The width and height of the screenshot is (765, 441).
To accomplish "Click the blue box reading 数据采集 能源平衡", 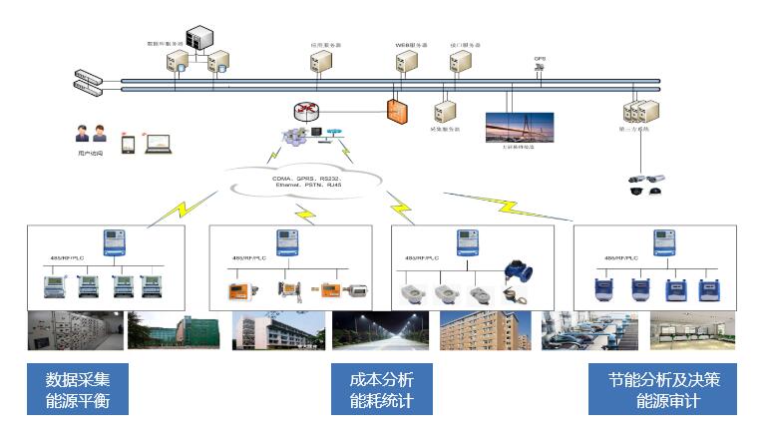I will pyautogui.click(x=79, y=390).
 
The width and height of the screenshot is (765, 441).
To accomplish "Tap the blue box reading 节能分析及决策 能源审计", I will pyautogui.click(x=663, y=390).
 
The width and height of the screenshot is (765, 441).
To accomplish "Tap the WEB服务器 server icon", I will pyautogui.click(x=405, y=62).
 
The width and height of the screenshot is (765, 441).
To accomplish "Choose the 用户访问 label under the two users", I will pyautogui.click(x=90, y=154).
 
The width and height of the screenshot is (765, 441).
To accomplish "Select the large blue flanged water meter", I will pyautogui.click(x=517, y=270).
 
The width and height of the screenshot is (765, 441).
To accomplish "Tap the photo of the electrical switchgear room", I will pyautogui.click(x=75, y=329).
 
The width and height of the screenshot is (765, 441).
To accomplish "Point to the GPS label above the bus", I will pyautogui.click(x=540, y=58).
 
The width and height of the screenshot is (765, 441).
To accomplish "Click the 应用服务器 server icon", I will pyautogui.click(x=322, y=62).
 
